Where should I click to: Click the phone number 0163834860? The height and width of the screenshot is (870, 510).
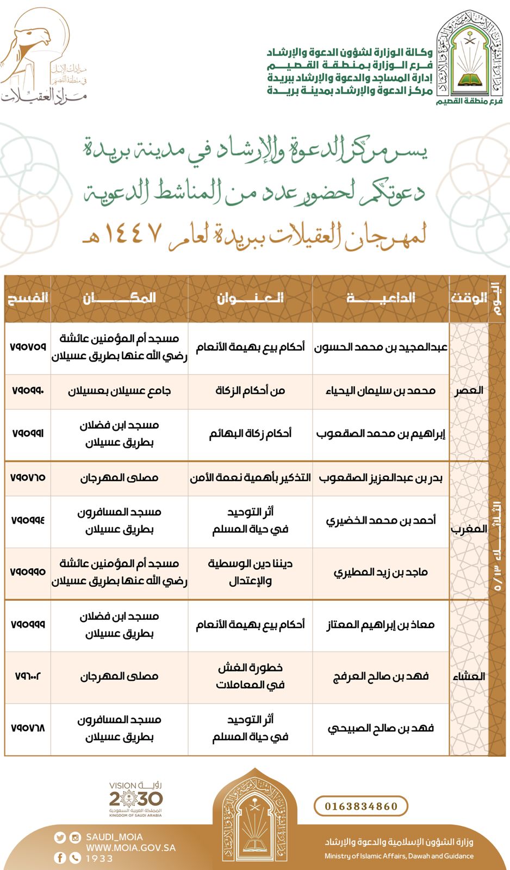click(361, 806)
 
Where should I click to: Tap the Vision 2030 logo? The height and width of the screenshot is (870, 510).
click(135, 799)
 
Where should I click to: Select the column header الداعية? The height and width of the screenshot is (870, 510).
click(381, 298)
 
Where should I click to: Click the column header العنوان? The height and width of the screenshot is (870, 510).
click(250, 298)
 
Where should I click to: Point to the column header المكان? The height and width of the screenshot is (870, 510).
click(119, 298)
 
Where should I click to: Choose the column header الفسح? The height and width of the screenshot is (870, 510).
click(27, 298)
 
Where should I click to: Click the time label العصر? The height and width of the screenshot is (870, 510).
click(468, 390)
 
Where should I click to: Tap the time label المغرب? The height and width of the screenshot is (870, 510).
click(468, 529)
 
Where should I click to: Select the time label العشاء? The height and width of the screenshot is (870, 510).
click(468, 676)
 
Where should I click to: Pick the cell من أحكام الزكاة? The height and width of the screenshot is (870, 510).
click(250, 390)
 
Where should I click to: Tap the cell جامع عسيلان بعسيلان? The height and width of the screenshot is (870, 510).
click(119, 390)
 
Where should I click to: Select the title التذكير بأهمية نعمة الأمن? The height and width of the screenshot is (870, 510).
click(250, 477)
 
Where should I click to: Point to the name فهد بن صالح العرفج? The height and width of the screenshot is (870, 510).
click(381, 676)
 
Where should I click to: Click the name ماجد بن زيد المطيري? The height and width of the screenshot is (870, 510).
click(381, 572)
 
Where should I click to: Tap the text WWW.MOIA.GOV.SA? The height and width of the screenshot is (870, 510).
click(130, 847)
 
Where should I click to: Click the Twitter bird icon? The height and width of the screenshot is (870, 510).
click(60, 837)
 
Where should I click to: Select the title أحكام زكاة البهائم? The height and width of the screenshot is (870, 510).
click(250, 433)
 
